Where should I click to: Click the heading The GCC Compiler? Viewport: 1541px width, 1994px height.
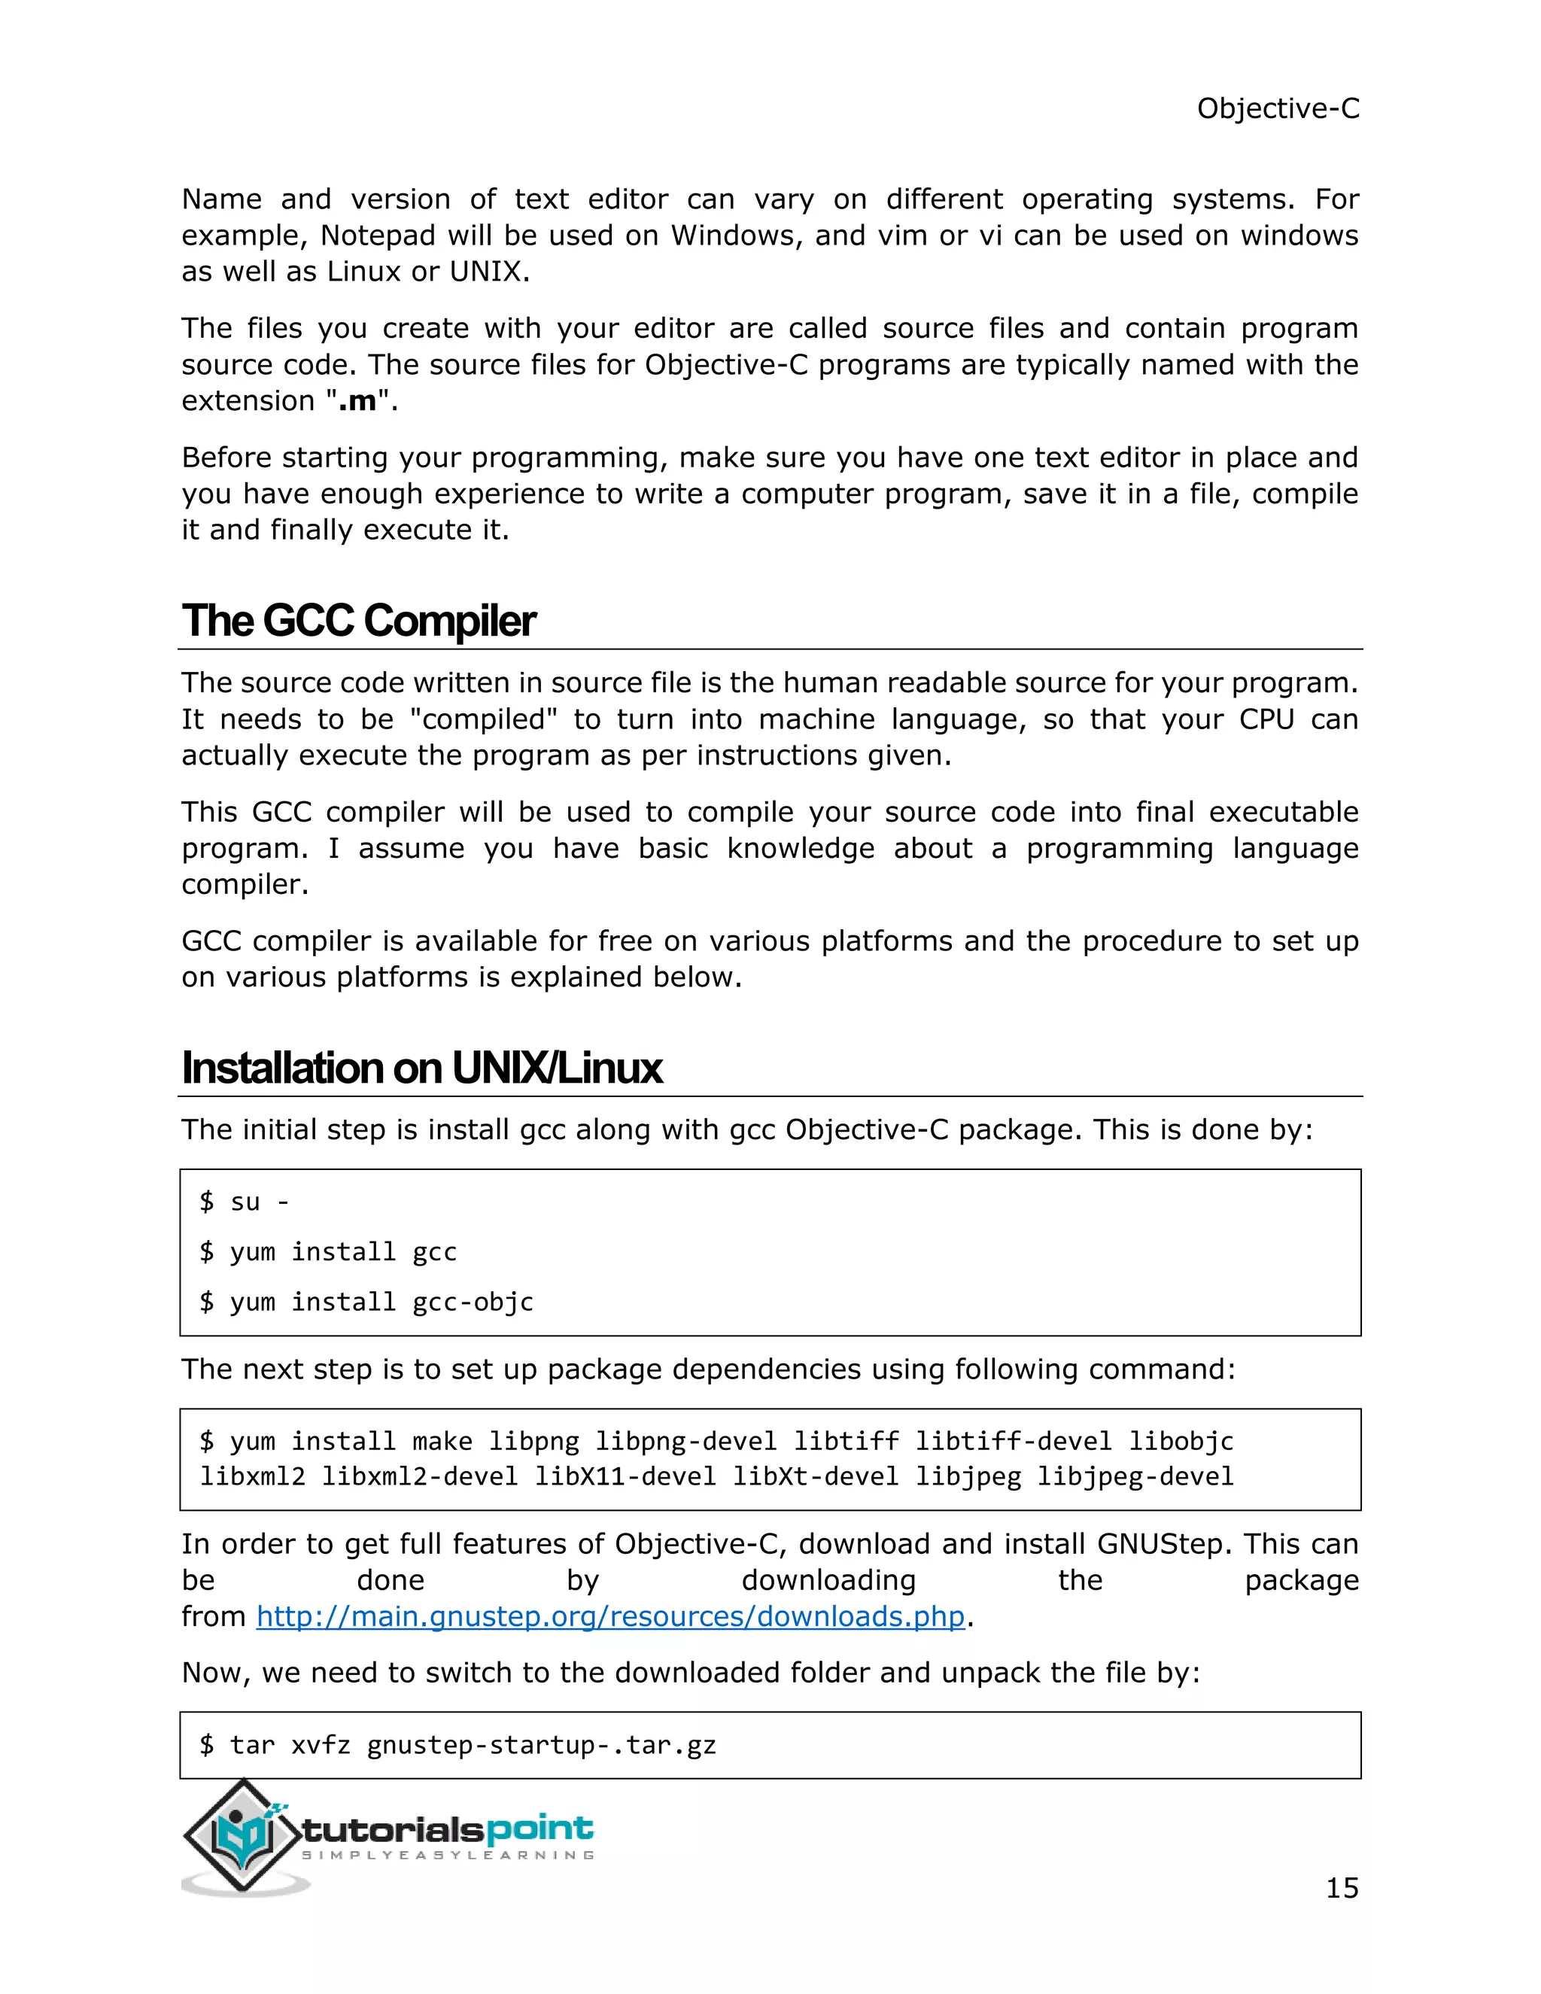pos(359,622)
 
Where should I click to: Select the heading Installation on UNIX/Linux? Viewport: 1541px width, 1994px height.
pos(422,1068)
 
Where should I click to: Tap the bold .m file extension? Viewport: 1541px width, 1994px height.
pos(357,401)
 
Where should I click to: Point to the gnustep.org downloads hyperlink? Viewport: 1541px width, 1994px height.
pos(609,1616)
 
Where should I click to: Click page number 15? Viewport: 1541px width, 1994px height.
pos(1341,1887)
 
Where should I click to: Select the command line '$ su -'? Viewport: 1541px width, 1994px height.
pos(245,1202)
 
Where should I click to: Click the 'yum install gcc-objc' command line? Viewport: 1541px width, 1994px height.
pos(366,1301)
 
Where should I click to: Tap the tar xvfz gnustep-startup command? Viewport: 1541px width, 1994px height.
pos(457,1745)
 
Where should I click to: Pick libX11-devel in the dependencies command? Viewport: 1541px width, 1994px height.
pos(625,1476)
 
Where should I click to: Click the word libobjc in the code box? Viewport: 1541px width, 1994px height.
pos(1181,1441)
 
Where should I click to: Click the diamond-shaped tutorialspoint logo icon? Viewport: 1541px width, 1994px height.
pos(242,1835)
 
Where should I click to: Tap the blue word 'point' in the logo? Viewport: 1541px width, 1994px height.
pos(540,1828)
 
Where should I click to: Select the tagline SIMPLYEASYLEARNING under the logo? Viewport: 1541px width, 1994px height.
pos(448,1856)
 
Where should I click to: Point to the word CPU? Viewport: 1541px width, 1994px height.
pos(1266,719)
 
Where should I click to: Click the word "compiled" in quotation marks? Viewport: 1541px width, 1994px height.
pos(484,719)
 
